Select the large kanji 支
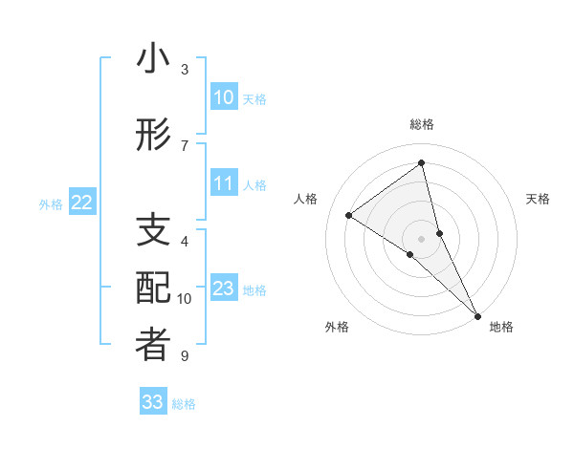click(x=153, y=232)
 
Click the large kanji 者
click(x=153, y=345)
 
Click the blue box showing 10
click(x=223, y=97)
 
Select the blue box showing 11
click(x=223, y=183)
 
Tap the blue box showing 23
click(x=223, y=289)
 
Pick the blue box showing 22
click(x=82, y=203)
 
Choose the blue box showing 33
click(x=152, y=402)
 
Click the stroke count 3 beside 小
click(x=185, y=70)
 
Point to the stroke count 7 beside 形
click(x=185, y=145)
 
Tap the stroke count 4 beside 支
click(x=185, y=242)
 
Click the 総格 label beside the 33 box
click(x=184, y=404)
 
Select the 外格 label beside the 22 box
click(x=51, y=203)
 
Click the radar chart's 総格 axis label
click(x=421, y=124)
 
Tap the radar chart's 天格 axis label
click(x=538, y=199)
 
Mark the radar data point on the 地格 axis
click(x=475, y=314)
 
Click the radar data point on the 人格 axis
click(x=348, y=215)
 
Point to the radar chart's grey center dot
click(x=421, y=238)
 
